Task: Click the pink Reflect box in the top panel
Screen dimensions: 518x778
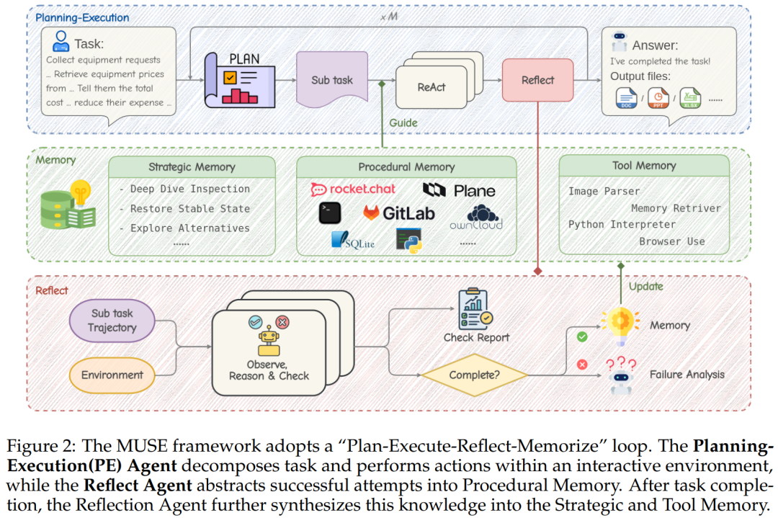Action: (537, 80)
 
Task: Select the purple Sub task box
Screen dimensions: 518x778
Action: (332, 80)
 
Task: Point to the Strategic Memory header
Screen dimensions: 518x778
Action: (192, 167)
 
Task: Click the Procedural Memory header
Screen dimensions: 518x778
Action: (406, 167)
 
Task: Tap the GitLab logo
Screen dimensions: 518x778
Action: (398, 213)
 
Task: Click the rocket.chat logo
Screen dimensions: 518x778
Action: (353, 189)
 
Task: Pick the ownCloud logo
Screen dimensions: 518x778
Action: (476, 217)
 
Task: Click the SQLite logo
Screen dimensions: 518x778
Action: (352, 241)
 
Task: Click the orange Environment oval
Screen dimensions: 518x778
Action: (112, 375)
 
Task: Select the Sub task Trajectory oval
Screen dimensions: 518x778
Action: (112, 321)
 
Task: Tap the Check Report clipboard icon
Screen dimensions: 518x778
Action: (476, 309)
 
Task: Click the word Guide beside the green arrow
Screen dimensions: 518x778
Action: (403, 122)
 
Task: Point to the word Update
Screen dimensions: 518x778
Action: (645, 286)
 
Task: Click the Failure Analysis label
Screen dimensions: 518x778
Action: (687, 375)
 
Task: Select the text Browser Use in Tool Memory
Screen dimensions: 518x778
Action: (671, 241)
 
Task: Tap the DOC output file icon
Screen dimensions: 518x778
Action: (627, 98)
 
